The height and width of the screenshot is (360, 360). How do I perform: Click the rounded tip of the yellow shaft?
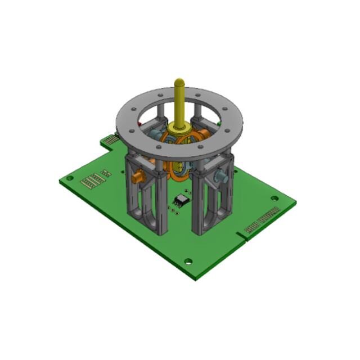tap(179, 82)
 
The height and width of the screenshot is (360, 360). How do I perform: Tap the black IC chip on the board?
tap(182, 200)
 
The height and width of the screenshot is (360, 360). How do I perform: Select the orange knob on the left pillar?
tap(136, 177)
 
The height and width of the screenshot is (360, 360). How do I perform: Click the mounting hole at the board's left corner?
tap(70, 178)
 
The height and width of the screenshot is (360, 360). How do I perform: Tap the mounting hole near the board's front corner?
tap(188, 261)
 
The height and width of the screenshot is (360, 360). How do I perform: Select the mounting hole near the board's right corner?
tap(274, 198)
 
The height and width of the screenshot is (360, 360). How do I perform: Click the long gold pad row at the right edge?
tap(262, 220)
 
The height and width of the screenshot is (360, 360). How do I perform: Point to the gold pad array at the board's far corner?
tap(111, 139)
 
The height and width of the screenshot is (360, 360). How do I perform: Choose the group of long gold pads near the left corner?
tap(93, 181)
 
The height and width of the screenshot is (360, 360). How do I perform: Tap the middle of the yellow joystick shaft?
tap(179, 104)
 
